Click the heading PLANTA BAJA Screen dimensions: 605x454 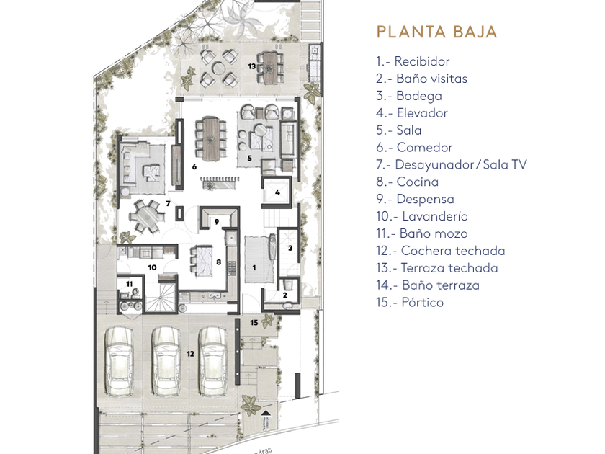(x=436, y=32)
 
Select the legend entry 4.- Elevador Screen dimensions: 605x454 (x=411, y=113)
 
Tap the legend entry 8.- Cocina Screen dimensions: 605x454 (x=407, y=182)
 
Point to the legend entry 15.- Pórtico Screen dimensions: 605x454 (x=409, y=303)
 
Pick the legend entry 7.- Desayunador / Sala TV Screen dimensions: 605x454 (x=451, y=164)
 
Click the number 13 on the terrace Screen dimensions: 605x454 (x=251, y=66)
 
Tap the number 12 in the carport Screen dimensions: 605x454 (x=190, y=353)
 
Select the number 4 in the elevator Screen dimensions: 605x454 (x=277, y=192)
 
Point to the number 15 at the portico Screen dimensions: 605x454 (x=254, y=323)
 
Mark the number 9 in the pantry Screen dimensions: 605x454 (x=216, y=221)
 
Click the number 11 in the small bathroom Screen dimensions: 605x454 (x=130, y=285)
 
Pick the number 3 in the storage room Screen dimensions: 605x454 (x=290, y=248)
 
